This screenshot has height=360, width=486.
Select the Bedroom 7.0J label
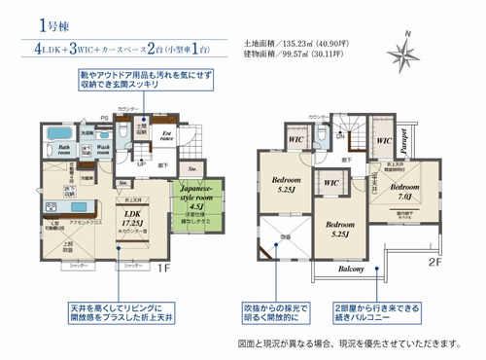tap(404, 191)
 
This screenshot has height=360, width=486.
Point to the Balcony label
tap(352, 269)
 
